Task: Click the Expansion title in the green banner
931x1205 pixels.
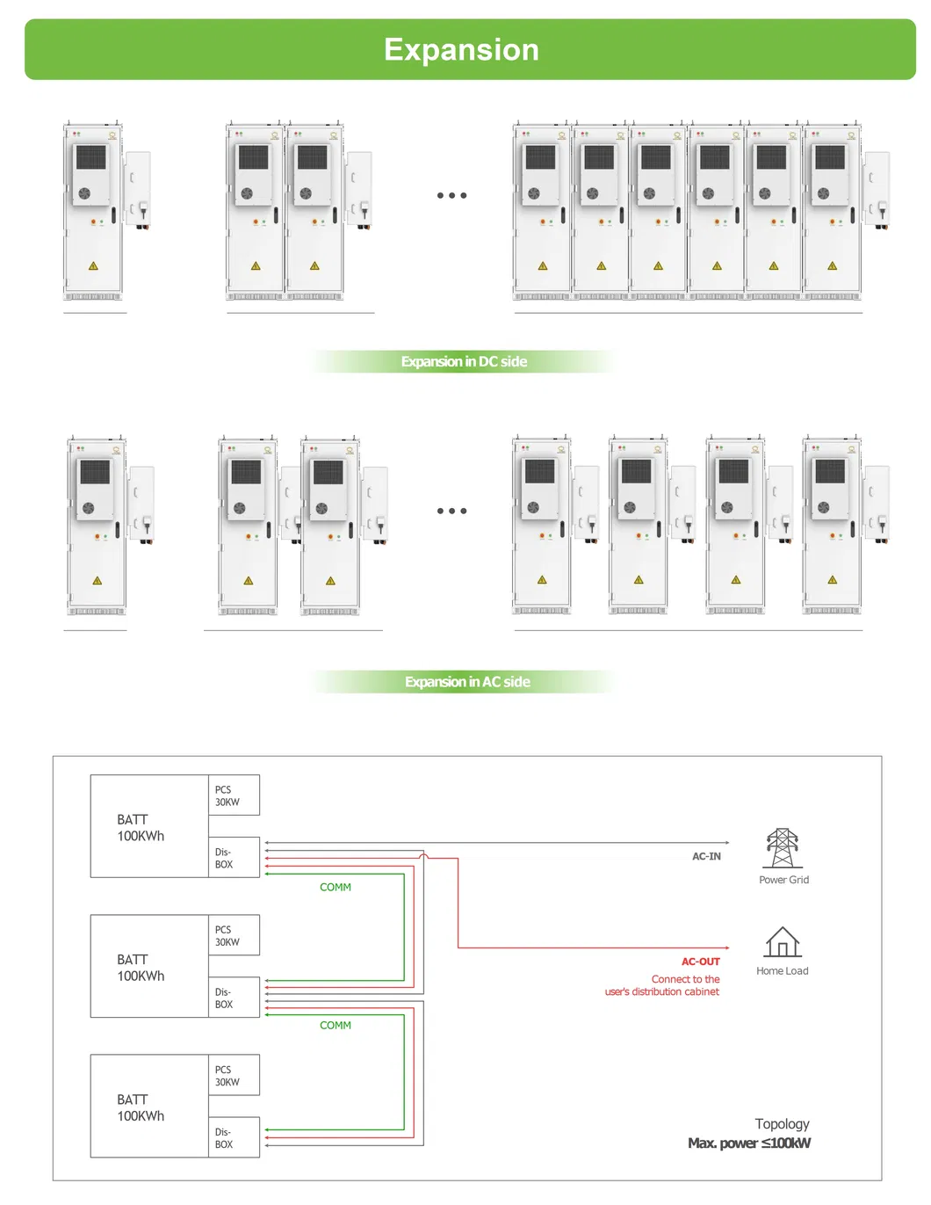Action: (461, 50)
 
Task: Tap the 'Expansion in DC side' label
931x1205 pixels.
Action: (464, 361)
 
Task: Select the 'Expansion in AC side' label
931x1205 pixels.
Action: (467, 682)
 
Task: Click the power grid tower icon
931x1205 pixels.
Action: (782, 848)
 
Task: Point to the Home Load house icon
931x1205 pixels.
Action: (782, 942)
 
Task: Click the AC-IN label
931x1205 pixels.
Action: (706, 856)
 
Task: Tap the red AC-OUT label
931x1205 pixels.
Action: (700, 962)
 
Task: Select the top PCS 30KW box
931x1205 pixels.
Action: (234, 795)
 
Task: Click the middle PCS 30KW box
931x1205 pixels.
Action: (234, 935)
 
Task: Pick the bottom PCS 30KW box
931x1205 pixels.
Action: (234, 1076)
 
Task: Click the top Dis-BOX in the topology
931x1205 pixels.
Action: (234, 858)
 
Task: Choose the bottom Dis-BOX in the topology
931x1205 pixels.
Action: (234, 1138)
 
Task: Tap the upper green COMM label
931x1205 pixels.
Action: (336, 888)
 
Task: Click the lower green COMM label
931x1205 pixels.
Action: (336, 1026)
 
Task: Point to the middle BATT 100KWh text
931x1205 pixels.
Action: (141, 968)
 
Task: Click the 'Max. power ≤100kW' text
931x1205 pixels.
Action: (749, 1143)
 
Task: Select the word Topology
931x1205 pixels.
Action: (782, 1124)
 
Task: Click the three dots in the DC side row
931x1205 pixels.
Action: (451, 195)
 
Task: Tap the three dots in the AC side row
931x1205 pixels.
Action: (451, 511)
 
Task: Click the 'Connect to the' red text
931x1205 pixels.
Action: (685, 979)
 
